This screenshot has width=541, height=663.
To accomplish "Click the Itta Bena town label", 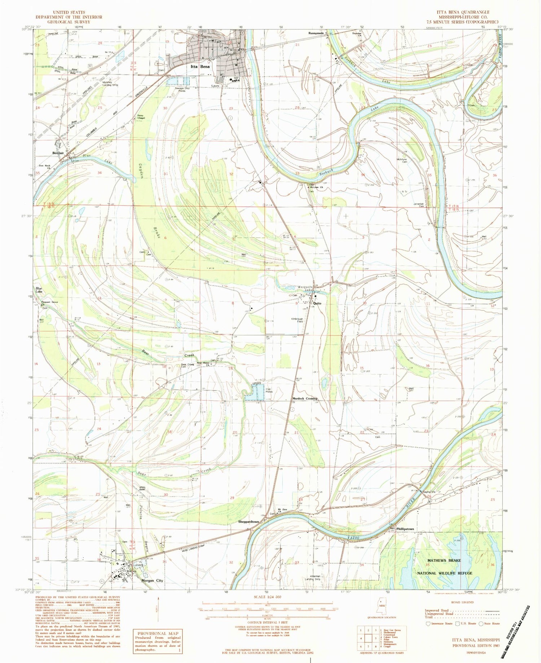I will (200, 67).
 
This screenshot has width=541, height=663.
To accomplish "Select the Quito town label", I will (317, 303).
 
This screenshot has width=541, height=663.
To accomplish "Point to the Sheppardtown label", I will (248, 522).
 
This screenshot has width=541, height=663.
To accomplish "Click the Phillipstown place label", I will (405, 529).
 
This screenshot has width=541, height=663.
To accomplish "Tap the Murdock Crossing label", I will (304, 398).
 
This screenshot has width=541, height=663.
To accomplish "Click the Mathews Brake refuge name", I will (444, 560).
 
